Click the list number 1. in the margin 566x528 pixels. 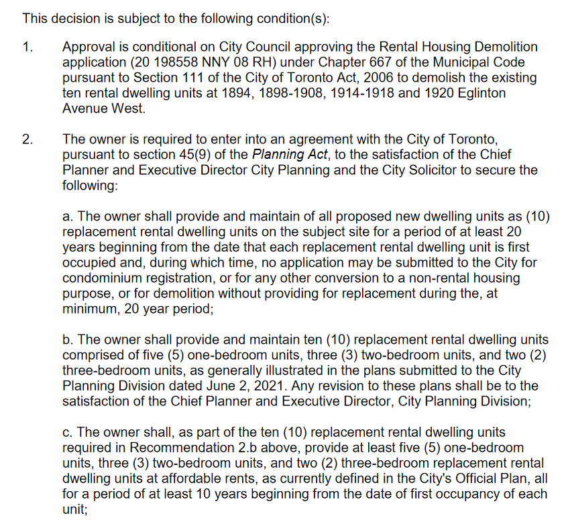(27, 48)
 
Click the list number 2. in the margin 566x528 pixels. (27, 140)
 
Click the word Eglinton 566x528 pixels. (480, 94)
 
